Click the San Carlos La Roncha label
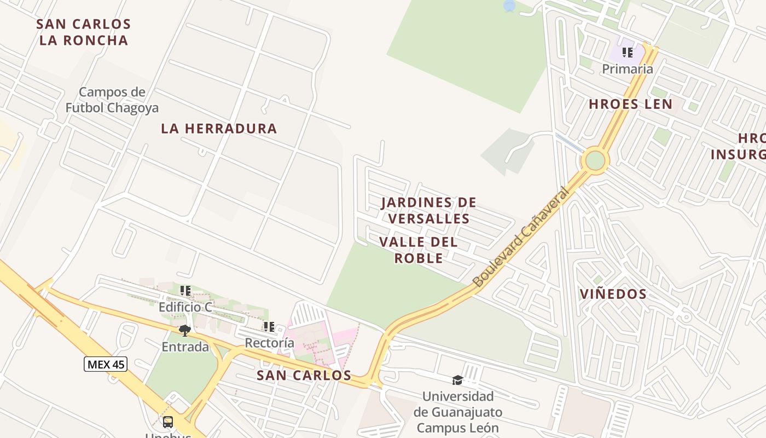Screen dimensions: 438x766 tap(83, 32)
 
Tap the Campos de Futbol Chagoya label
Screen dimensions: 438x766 tap(112, 100)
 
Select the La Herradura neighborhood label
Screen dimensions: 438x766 tap(219, 129)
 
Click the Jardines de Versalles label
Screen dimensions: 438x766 tap(428, 211)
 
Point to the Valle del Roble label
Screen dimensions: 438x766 tap(419, 250)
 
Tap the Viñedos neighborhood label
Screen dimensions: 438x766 tap(613, 294)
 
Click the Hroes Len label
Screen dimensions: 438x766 tap(630, 104)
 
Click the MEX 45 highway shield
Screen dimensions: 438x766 tap(106, 364)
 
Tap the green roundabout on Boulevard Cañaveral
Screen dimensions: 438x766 tap(595, 161)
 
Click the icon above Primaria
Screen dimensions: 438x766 tap(627, 53)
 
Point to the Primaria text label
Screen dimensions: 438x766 tap(627, 69)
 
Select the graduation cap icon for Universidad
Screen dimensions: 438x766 tap(457, 380)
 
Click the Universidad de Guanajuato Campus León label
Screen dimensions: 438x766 tap(457, 412)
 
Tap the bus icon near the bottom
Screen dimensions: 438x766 tap(168, 422)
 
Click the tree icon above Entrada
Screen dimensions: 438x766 tap(185, 330)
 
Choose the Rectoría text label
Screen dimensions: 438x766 tap(269, 343)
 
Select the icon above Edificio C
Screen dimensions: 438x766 tap(185, 291)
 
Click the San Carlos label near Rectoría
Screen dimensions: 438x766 tap(304, 375)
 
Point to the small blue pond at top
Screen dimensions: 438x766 tap(509, 5)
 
